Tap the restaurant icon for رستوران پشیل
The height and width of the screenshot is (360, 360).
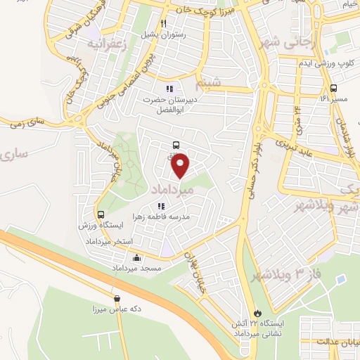point(164,23)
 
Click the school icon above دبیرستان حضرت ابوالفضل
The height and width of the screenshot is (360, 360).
point(169,89)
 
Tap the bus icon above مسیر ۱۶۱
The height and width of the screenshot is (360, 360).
point(333,89)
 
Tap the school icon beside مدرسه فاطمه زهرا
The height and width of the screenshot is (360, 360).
point(161,207)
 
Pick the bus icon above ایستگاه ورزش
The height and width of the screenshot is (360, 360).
point(101,214)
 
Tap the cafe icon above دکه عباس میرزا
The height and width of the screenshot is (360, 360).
point(117,299)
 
